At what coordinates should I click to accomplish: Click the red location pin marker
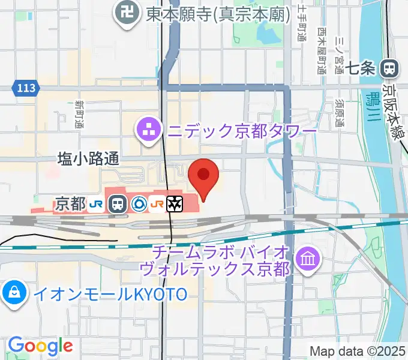coord(203,175)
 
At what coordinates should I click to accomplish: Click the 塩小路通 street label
coord(88,158)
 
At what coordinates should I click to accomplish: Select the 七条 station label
coord(361,68)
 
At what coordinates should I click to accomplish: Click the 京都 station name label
coord(70,204)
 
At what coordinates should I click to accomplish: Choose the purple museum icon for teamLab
coord(310,259)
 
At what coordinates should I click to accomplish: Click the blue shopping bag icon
coord(13,293)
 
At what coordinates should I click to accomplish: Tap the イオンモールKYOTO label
coord(110,293)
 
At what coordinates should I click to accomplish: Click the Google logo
coord(40,346)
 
